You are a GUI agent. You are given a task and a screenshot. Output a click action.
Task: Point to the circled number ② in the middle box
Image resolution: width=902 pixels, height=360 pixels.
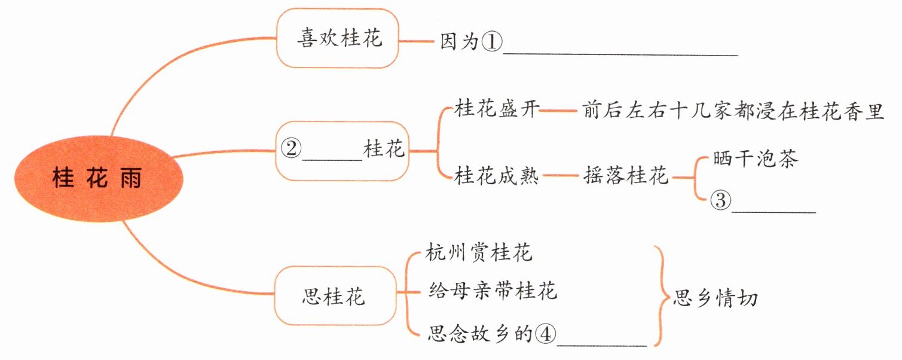point(291,149)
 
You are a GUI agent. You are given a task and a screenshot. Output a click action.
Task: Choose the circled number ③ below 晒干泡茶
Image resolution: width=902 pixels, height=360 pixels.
point(720,201)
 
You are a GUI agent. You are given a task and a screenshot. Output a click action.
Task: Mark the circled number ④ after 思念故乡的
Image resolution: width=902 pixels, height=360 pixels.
point(545,333)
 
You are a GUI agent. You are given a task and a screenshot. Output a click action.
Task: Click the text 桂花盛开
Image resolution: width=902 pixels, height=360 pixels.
point(497,110)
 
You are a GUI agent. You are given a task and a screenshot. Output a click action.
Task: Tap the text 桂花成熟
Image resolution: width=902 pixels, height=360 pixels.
point(497,176)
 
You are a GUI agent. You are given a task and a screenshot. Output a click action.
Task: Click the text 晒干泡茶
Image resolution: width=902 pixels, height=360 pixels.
point(756,160)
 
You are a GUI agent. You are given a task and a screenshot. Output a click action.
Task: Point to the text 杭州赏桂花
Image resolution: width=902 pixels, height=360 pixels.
point(479,252)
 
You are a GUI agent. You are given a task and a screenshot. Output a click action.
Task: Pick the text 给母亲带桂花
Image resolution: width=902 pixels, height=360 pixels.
point(493,291)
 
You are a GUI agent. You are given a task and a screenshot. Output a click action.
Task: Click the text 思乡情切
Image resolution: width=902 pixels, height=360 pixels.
point(716,297)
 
